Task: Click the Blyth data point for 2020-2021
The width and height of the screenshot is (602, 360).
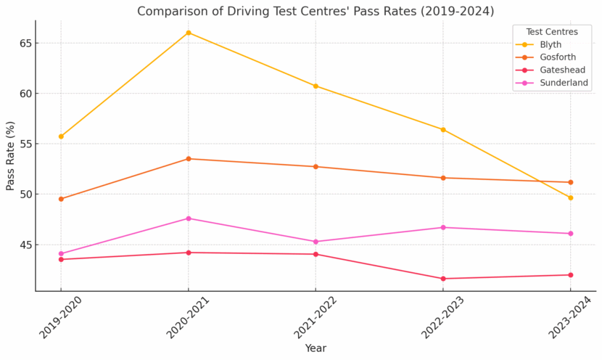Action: pos(189,33)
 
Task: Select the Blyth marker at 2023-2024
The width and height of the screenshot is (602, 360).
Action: pos(570,197)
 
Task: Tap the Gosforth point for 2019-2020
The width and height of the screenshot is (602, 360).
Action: pos(61,199)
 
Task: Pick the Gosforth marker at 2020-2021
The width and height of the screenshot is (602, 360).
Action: pos(189,159)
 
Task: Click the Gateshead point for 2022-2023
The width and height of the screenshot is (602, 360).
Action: pos(443,279)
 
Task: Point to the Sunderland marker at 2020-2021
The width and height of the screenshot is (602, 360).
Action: pos(189,218)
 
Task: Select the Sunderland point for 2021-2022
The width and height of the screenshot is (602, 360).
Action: pos(316,242)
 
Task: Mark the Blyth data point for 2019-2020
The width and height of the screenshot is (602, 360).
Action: pos(61,136)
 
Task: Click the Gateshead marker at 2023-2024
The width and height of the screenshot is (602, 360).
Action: pos(570,275)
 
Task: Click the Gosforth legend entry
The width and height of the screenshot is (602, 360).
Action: pos(556,57)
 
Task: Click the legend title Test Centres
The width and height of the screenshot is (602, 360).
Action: pos(552,32)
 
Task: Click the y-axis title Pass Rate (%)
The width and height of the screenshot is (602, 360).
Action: pos(10,156)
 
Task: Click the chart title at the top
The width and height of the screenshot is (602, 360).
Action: pos(316,11)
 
